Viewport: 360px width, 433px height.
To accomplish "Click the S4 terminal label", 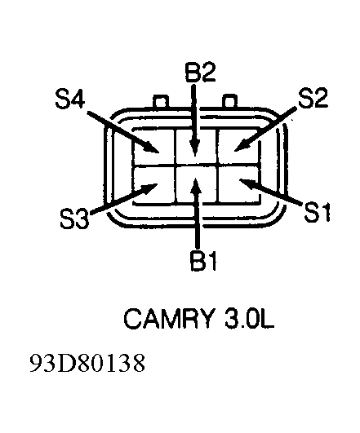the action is click(70, 99).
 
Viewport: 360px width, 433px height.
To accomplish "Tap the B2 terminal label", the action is click(201, 73).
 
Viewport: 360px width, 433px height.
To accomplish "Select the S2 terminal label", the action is click(313, 98).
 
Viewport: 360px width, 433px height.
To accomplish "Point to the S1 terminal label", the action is click(317, 212).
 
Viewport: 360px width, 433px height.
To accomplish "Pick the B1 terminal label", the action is click(203, 261).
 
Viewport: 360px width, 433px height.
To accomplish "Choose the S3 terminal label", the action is click(74, 219).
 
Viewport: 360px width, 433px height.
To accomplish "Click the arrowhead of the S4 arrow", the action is click(151, 147).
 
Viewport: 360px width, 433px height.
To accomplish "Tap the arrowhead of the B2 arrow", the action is click(195, 147).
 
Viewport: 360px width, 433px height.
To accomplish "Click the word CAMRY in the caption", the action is click(169, 319).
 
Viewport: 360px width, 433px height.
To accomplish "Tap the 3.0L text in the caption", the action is click(250, 319).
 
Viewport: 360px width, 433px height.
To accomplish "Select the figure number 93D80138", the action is click(87, 363).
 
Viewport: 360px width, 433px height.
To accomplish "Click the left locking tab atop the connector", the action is click(161, 101).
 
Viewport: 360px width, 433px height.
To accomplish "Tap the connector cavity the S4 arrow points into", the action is click(154, 147).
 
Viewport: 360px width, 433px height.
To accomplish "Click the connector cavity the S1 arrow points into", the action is click(238, 184).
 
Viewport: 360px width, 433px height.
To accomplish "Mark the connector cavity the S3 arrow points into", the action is click(154, 185).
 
